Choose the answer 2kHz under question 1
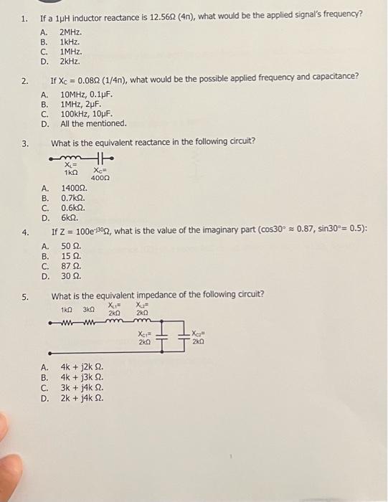[70, 61]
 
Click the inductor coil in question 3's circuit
[72, 158]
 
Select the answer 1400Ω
[73, 189]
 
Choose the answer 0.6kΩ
[73, 208]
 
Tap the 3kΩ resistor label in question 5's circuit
[89, 310]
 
